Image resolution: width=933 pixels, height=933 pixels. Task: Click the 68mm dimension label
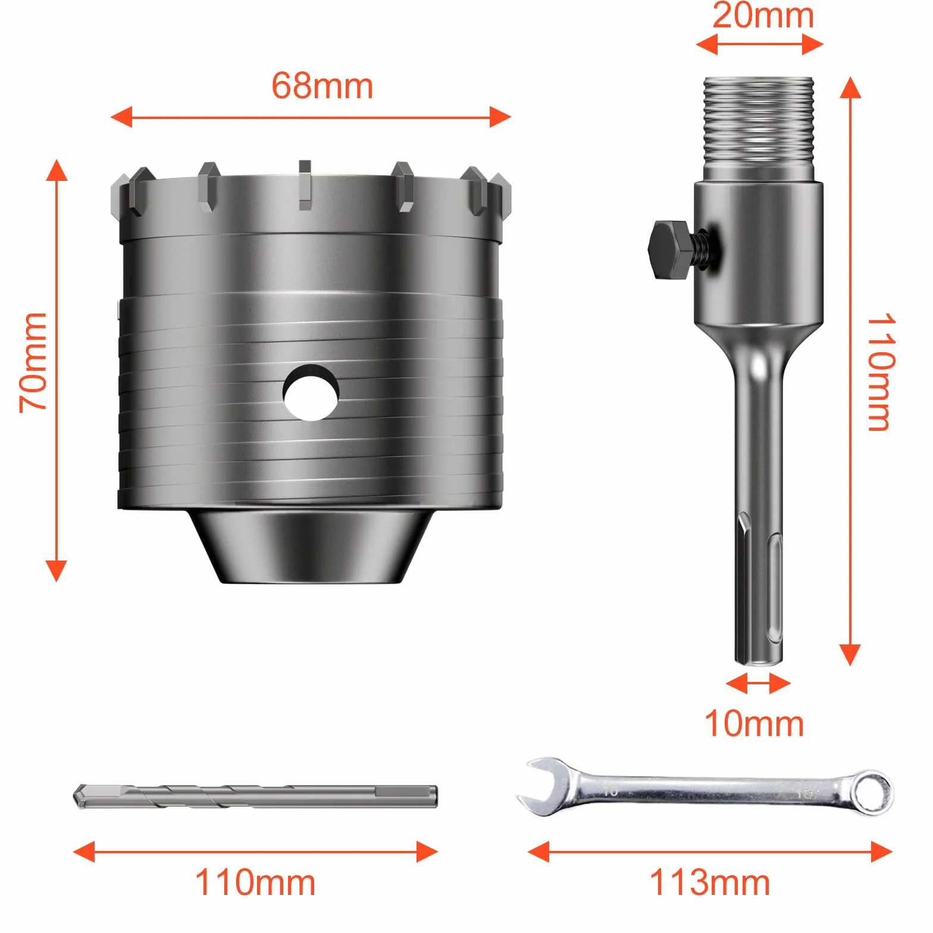[322, 86]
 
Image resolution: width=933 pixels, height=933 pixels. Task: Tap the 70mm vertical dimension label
[33, 362]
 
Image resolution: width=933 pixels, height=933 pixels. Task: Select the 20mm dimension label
[763, 15]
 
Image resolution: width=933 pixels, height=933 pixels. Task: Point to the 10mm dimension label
[754, 724]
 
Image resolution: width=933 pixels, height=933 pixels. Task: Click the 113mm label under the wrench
[709, 882]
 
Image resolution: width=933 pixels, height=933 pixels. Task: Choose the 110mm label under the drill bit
[255, 882]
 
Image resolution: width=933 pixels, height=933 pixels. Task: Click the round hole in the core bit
[311, 393]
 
